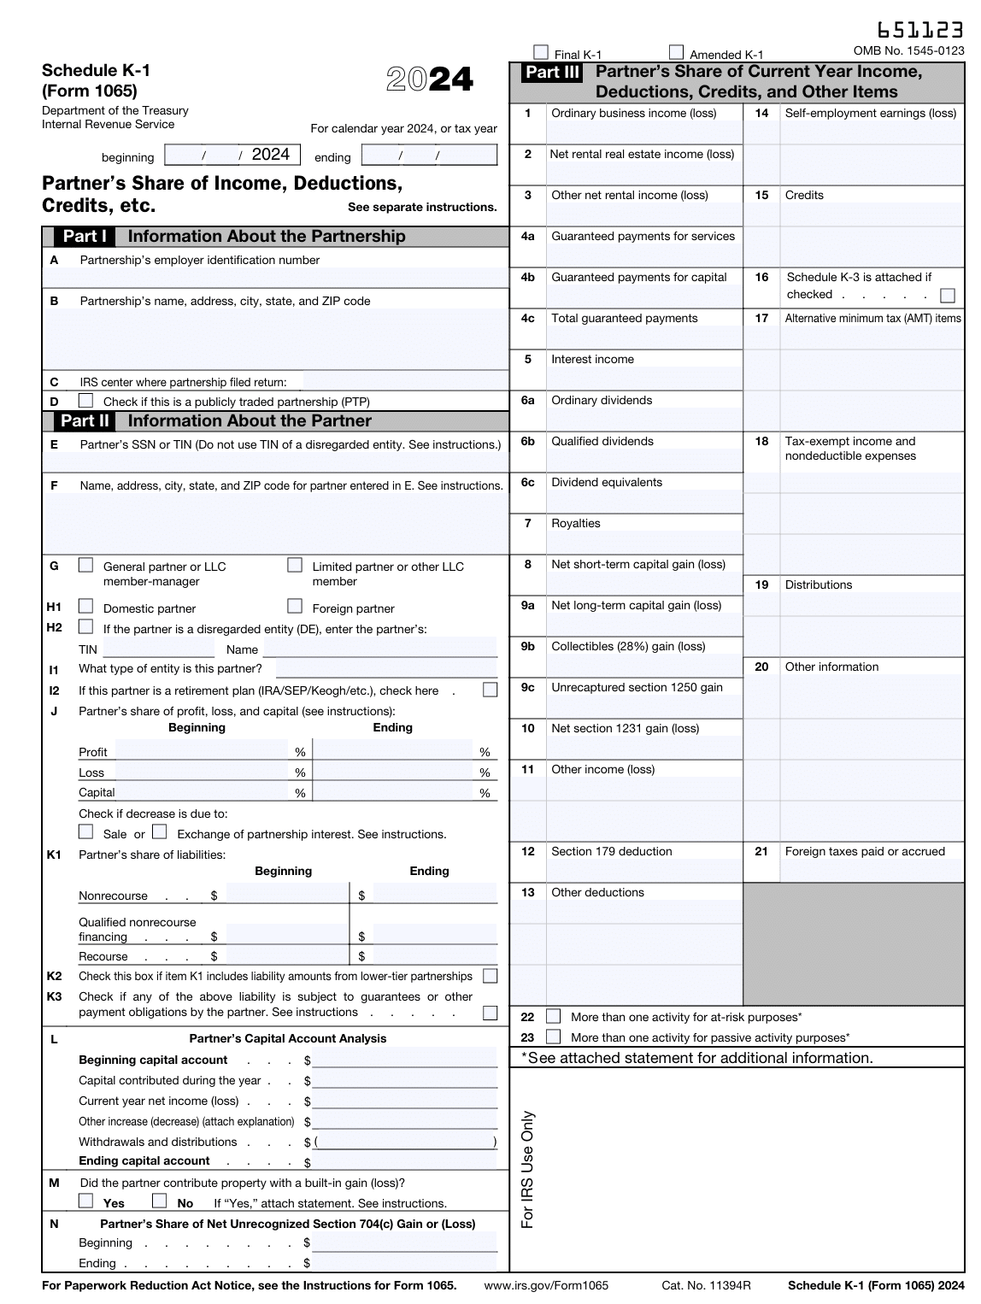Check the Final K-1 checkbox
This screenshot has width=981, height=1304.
point(540,52)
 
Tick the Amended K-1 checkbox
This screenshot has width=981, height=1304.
point(676,52)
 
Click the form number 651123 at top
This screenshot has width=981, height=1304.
point(920,31)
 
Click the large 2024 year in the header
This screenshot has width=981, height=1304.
point(429,79)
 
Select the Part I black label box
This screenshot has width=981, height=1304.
point(85,237)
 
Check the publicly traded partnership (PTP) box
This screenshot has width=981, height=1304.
point(85,401)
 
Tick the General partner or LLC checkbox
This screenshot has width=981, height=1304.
point(85,566)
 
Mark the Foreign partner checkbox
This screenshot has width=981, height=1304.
point(295,607)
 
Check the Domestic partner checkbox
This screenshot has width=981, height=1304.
point(85,607)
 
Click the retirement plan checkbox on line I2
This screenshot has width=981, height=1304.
point(490,690)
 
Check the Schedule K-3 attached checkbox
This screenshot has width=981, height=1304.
point(947,296)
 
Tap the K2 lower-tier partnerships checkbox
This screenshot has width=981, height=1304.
point(490,976)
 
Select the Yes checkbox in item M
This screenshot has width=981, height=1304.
point(85,1201)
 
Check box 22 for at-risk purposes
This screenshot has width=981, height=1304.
point(554,1016)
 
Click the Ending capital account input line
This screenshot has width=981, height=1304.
point(404,1161)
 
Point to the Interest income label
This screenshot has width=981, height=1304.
point(592,360)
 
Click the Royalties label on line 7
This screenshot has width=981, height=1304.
point(575,524)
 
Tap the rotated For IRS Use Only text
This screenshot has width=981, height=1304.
point(527,1169)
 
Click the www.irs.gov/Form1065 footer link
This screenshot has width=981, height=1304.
point(546,1285)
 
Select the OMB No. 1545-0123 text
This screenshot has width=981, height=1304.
point(908,51)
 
